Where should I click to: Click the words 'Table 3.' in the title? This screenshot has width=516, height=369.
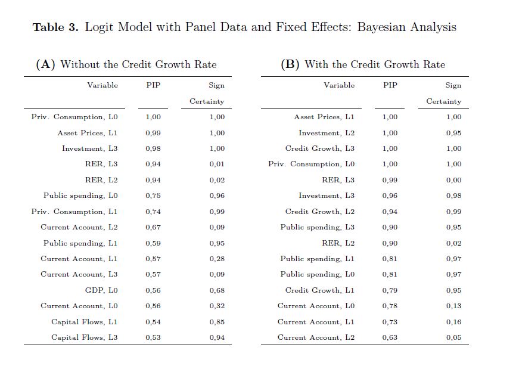(x=55, y=27)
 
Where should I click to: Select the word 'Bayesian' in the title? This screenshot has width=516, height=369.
(x=382, y=27)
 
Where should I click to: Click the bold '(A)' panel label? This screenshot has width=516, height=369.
(x=46, y=64)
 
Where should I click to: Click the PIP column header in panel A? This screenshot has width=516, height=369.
(x=153, y=85)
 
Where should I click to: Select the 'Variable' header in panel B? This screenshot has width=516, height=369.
(x=339, y=85)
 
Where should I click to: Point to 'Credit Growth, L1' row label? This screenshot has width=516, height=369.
(x=320, y=290)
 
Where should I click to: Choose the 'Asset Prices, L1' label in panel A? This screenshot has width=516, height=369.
(x=88, y=133)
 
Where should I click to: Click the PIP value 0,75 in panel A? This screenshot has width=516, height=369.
(x=153, y=196)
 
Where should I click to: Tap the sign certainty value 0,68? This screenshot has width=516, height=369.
(x=217, y=290)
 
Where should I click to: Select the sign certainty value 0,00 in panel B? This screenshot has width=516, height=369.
(x=453, y=180)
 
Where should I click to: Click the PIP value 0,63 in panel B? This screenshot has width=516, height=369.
(x=390, y=337)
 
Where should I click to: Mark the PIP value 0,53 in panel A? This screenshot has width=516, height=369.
(x=153, y=337)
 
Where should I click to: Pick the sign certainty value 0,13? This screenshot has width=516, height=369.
(x=453, y=306)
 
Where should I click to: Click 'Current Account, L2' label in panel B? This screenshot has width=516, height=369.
(x=316, y=337)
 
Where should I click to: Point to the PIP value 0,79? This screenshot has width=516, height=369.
(x=390, y=290)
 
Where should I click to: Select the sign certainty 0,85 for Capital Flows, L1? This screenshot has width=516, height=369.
(x=217, y=322)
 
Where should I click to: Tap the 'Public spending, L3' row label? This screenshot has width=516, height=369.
(x=318, y=227)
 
